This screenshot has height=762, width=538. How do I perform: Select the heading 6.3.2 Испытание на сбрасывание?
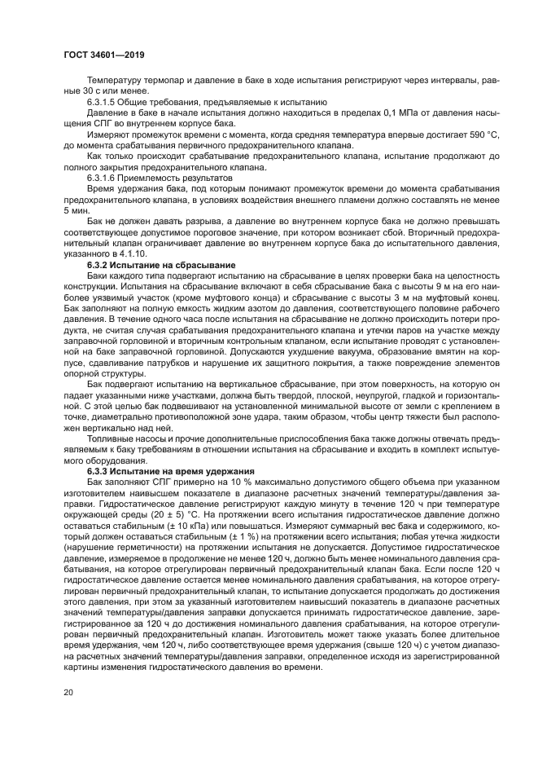click(x=160, y=266)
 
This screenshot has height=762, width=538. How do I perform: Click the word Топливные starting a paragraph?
click(x=111, y=438)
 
